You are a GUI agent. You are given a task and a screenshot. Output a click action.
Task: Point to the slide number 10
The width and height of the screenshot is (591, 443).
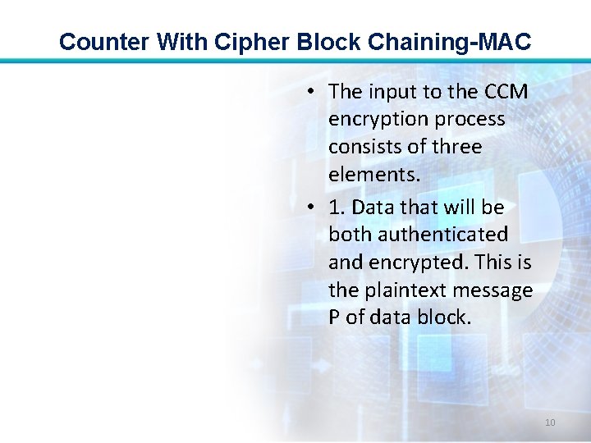tap(550, 422)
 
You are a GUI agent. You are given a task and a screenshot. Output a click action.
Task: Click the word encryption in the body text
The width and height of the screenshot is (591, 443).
tap(378, 120)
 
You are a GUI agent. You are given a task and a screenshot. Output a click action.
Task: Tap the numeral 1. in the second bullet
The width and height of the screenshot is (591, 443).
tap(336, 207)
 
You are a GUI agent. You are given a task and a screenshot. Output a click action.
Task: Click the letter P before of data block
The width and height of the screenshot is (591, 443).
tap(334, 317)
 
